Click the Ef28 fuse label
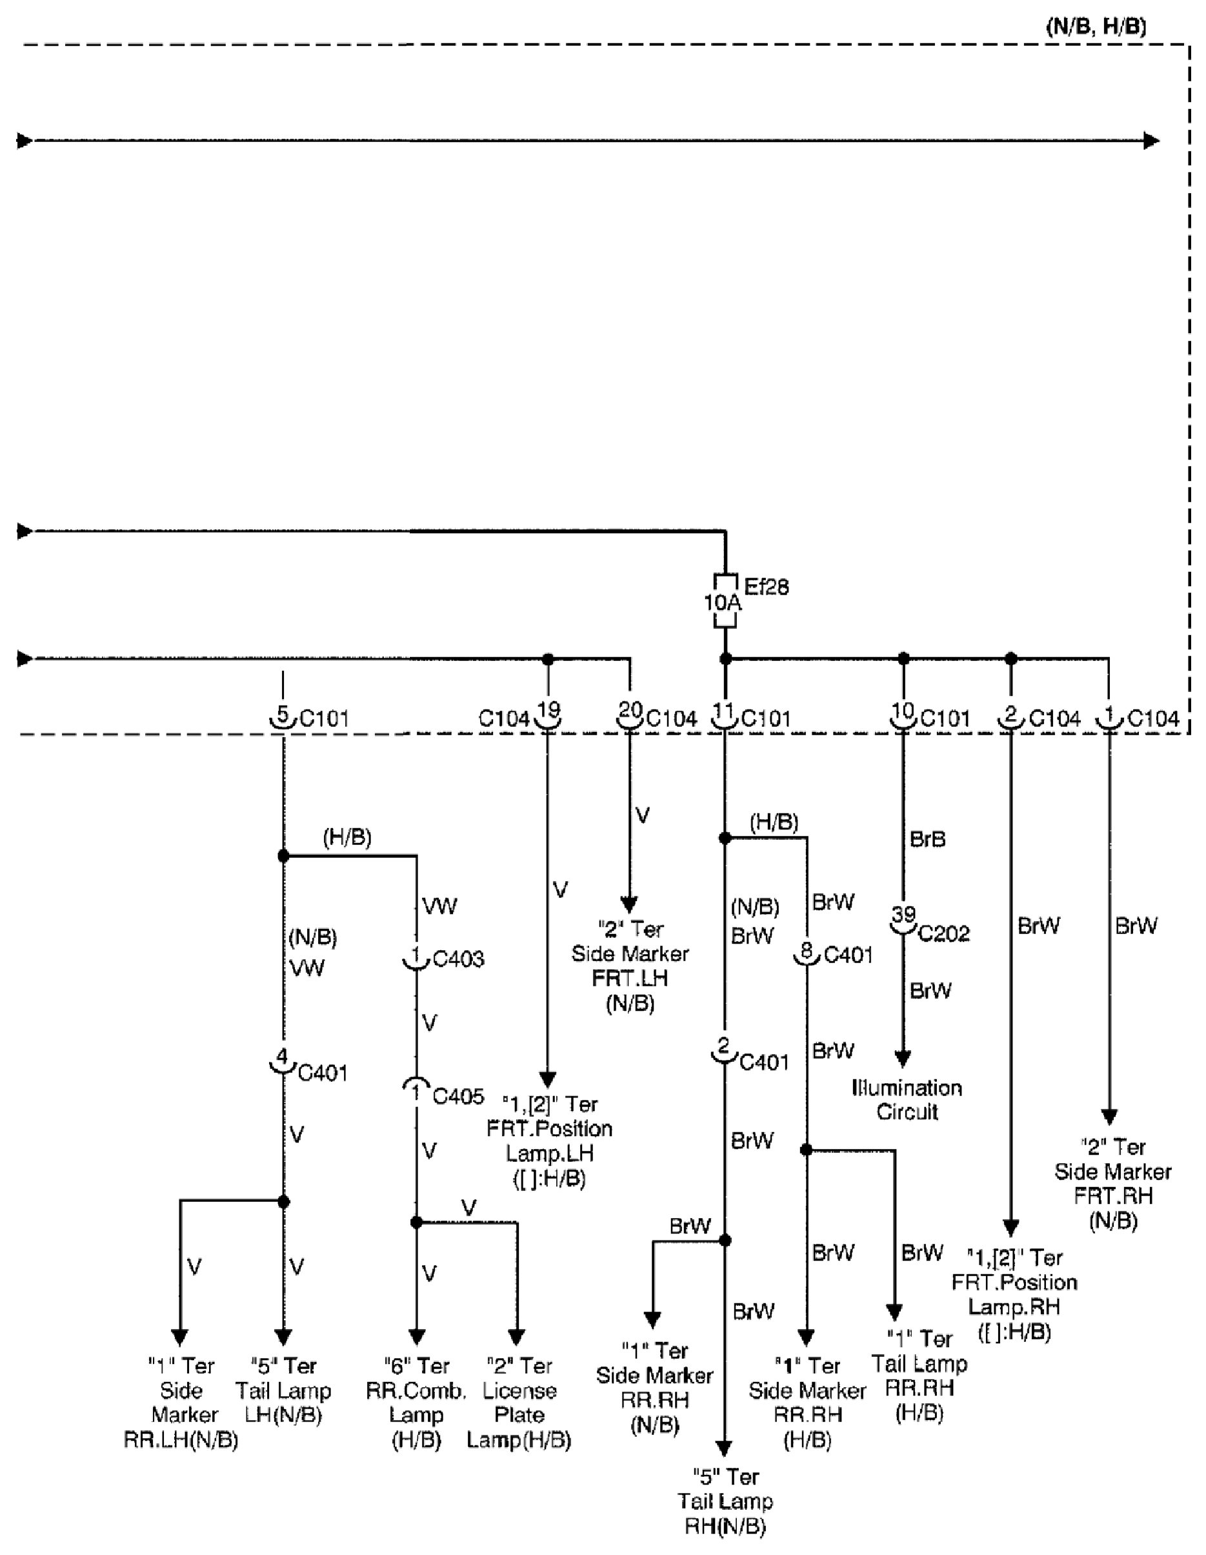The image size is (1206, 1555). click(x=766, y=587)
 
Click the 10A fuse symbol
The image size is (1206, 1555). click(x=724, y=602)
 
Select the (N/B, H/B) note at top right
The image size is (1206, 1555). click(x=1096, y=26)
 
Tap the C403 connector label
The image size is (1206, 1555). click(x=457, y=959)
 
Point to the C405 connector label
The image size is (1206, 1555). click(x=457, y=1096)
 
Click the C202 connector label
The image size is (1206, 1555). click(x=944, y=933)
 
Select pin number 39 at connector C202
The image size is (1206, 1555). click(x=903, y=913)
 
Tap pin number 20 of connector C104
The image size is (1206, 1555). click(x=629, y=710)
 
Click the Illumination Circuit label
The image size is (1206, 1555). click(x=907, y=1099)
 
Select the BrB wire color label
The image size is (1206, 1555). click(x=928, y=839)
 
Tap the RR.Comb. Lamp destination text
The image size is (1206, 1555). click(x=416, y=1403)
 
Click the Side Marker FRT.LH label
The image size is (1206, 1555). click(x=630, y=966)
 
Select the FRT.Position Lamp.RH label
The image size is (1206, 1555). click(x=1014, y=1294)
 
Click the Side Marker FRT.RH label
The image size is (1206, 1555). click(x=1112, y=1184)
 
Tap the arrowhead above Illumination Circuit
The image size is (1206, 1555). click(x=903, y=1059)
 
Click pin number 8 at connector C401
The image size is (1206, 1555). click(x=806, y=950)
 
